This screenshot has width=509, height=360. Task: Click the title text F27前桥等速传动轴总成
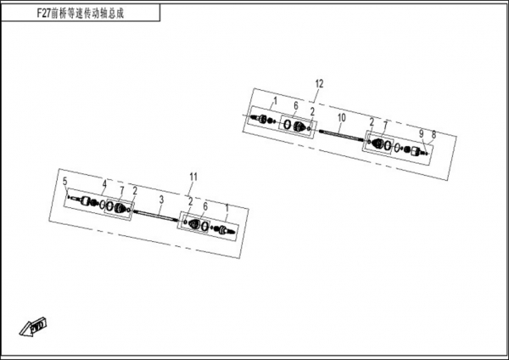coord(81,14)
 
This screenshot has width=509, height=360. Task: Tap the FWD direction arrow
coord(33,326)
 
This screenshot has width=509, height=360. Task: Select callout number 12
coord(320,84)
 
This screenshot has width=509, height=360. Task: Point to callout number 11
coord(193,177)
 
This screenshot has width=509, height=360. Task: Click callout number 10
coord(342,118)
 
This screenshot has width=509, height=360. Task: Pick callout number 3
coord(161,200)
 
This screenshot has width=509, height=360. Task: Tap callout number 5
coord(65,182)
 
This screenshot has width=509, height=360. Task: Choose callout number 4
coord(104,184)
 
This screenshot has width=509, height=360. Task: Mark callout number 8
coord(433,134)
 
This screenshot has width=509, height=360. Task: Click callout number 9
coord(421,133)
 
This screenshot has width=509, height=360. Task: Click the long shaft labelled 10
coord(341,136)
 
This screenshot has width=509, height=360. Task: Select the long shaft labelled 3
coord(156,217)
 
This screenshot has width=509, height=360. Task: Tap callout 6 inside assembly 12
coord(296,105)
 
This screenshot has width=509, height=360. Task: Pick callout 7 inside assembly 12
coord(385,125)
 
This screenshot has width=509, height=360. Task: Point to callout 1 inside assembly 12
coord(275,101)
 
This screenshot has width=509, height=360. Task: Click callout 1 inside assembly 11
coord(227,207)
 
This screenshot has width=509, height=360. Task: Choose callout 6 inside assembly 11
coord(205,206)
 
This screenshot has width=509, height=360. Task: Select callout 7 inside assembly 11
coord(121,190)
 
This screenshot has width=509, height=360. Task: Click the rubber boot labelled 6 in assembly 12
coord(299,127)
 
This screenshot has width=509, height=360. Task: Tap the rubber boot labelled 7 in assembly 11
coord(121,208)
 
